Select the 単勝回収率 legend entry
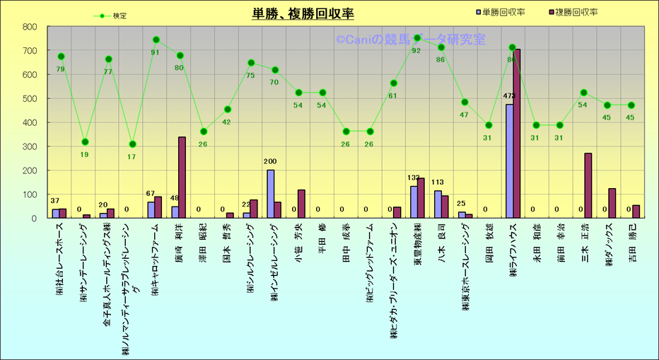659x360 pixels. point(504,11)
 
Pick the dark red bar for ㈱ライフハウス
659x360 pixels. point(517,134)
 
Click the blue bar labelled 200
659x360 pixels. point(270,194)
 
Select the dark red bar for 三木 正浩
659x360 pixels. point(588,186)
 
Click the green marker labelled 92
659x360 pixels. point(417,38)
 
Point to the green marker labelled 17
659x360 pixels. point(132,144)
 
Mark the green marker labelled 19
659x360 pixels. point(85,142)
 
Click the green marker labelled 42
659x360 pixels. point(228,110)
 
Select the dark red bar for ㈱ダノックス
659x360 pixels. point(612,204)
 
